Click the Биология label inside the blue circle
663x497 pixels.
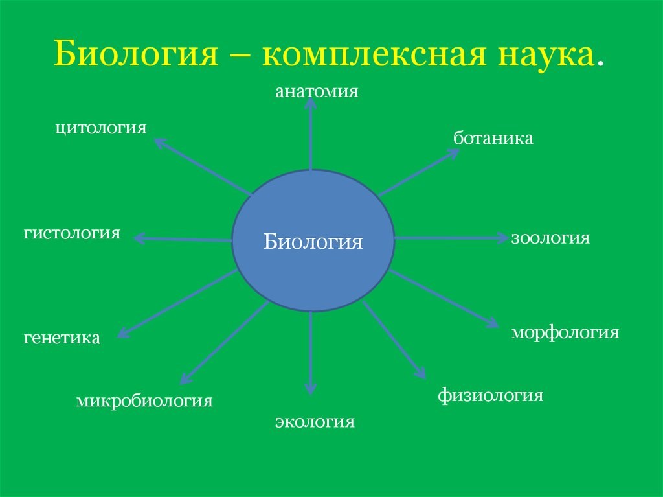pos(313,242)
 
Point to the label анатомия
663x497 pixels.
pos(317,91)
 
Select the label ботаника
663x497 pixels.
pos(493,138)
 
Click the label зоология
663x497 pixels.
pos(550,238)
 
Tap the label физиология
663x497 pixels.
pos(490,395)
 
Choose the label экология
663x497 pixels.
pos(315,422)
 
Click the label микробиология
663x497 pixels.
pos(144,400)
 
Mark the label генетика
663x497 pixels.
pos(62,338)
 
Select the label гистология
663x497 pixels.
pos(73,233)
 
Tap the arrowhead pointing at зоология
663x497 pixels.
pos(502,238)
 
